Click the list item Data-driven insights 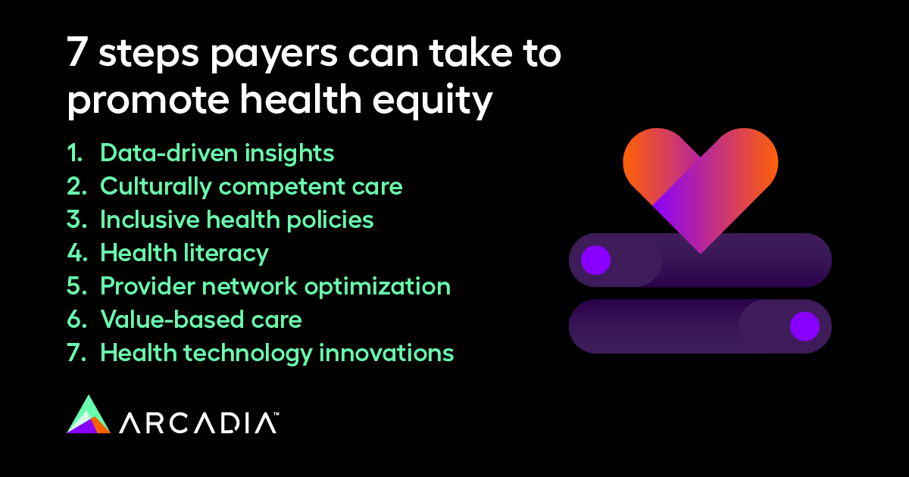(217, 153)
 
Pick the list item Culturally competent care (251, 186)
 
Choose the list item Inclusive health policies (236, 220)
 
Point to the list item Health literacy (184, 253)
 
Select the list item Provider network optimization (275, 286)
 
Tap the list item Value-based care (201, 320)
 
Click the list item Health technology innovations (276, 353)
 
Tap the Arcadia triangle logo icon (89, 415)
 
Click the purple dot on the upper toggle (595, 260)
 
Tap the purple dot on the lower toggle (804, 327)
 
